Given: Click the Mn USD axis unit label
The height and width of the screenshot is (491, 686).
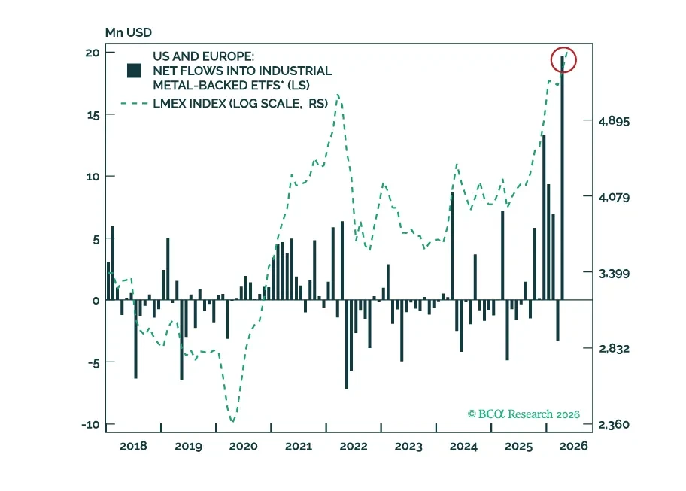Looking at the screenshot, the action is click(x=128, y=32).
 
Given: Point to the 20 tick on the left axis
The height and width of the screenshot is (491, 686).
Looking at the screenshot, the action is click(x=93, y=53).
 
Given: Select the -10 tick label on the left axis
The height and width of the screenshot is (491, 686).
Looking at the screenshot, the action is click(x=90, y=425).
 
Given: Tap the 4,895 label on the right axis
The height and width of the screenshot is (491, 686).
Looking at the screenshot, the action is click(x=614, y=121).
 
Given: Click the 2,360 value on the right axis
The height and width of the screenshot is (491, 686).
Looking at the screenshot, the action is click(x=614, y=425).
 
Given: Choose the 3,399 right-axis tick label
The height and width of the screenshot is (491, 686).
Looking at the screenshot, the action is click(x=614, y=274).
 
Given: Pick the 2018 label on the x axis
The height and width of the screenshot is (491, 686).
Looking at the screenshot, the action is click(x=133, y=447).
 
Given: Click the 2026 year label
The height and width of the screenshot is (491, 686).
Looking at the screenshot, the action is click(x=574, y=447).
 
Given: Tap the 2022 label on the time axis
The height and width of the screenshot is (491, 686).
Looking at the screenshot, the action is click(x=354, y=447).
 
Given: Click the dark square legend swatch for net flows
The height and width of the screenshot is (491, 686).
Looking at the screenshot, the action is click(x=134, y=71).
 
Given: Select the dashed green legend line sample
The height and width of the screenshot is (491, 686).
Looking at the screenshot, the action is click(x=135, y=104).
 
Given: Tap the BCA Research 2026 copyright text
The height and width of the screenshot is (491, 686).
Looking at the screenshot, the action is click(x=524, y=414).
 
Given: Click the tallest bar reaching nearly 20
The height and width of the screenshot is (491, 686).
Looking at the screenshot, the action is click(x=562, y=178).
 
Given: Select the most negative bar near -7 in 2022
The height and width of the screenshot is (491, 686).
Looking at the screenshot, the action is click(x=347, y=344).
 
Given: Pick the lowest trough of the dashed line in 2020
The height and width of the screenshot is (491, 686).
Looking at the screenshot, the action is click(x=232, y=422).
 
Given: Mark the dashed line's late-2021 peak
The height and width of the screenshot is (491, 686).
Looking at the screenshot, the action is click(x=338, y=95).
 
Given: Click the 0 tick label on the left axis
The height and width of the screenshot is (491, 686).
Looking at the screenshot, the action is click(x=96, y=301).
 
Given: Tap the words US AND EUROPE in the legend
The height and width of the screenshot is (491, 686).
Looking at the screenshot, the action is click(x=203, y=56).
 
